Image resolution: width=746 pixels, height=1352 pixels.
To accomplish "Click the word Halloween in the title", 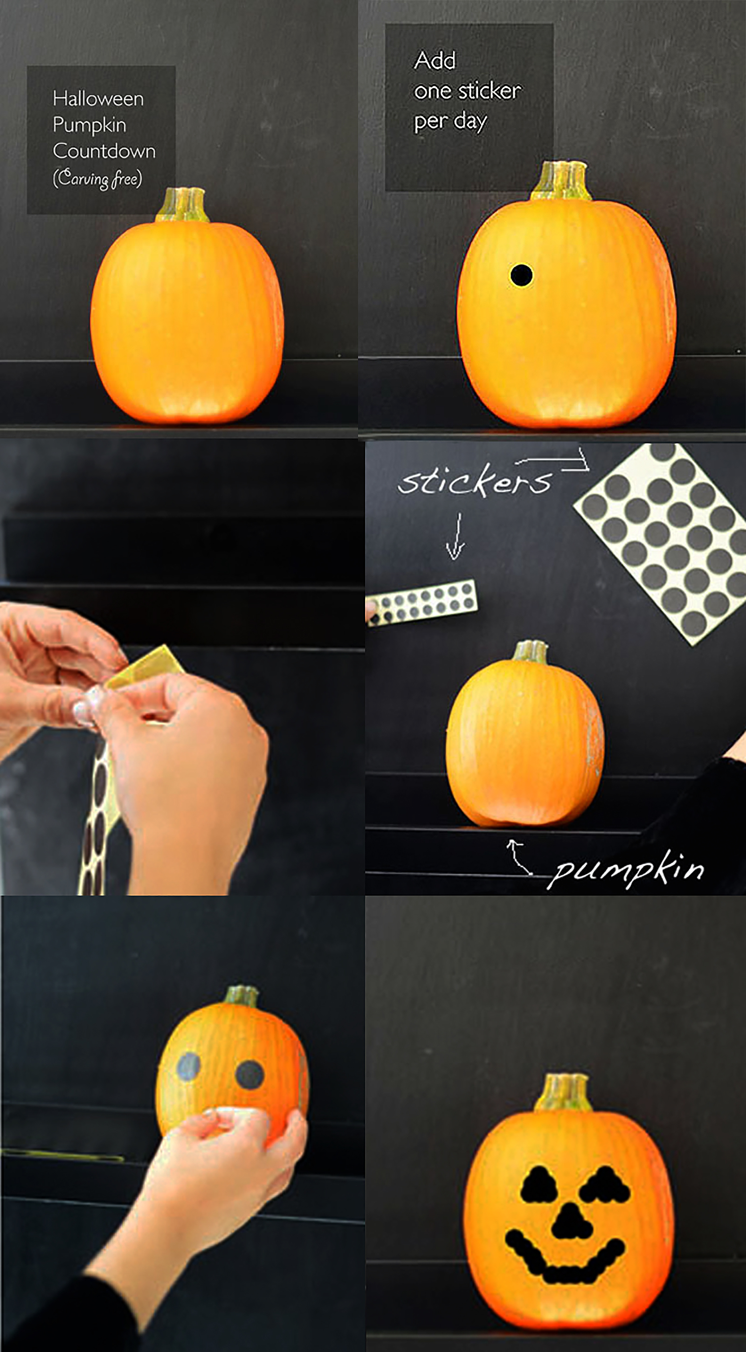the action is [98, 99].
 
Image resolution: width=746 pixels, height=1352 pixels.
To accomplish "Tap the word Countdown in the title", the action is [104, 151].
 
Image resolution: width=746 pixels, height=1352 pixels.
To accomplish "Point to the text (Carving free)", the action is [97, 179].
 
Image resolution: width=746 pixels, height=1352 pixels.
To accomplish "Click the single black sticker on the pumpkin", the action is [521, 275].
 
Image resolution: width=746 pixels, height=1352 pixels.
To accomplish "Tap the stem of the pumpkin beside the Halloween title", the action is [183, 205].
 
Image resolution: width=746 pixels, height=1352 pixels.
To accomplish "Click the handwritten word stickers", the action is [475, 479].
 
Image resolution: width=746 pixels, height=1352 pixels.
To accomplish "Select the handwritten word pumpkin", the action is [625, 869].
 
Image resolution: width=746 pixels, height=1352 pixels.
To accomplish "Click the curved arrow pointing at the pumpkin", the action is [518, 856].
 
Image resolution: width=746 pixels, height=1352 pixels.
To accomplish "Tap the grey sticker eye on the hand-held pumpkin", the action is [188, 1065].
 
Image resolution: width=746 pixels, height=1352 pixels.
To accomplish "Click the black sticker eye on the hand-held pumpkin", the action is [249, 1074].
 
